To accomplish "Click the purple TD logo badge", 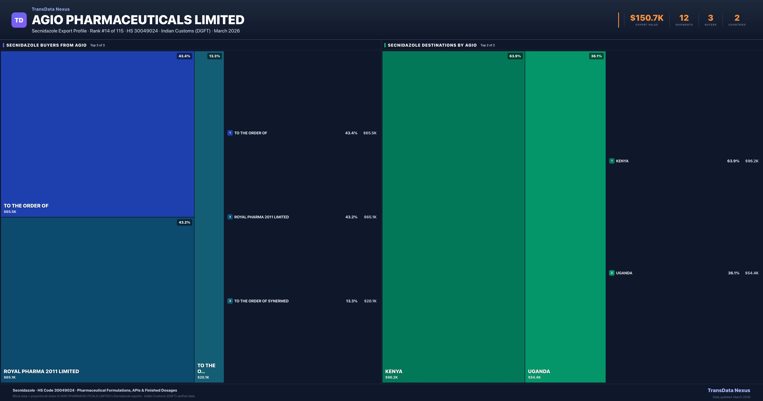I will (x=19, y=20).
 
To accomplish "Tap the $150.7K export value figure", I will (x=647, y=18).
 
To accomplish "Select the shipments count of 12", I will (x=684, y=18).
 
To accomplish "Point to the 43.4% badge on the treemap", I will (x=184, y=56).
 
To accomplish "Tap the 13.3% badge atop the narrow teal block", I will (x=214, y=56).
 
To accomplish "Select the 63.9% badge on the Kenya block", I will (x=515, y=56).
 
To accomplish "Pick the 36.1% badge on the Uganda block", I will (x=596, y=56).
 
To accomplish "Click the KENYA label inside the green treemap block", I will (x=394, y=371).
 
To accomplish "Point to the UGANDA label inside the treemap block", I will (x=539, y=371).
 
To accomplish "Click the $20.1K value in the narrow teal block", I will (x=203, y=377).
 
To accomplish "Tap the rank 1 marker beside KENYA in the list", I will (x=612, y=161).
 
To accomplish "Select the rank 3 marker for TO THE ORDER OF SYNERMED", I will (x=230, y=301).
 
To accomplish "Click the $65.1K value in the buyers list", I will (x=370, y=217).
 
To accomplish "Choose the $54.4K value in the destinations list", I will (x=751, y=273).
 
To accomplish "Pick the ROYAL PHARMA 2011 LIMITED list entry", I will (x=261, y=217).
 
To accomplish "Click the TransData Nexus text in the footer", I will (x=729, y=390).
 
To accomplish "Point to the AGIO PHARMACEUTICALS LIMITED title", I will (x=138, y=20).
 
